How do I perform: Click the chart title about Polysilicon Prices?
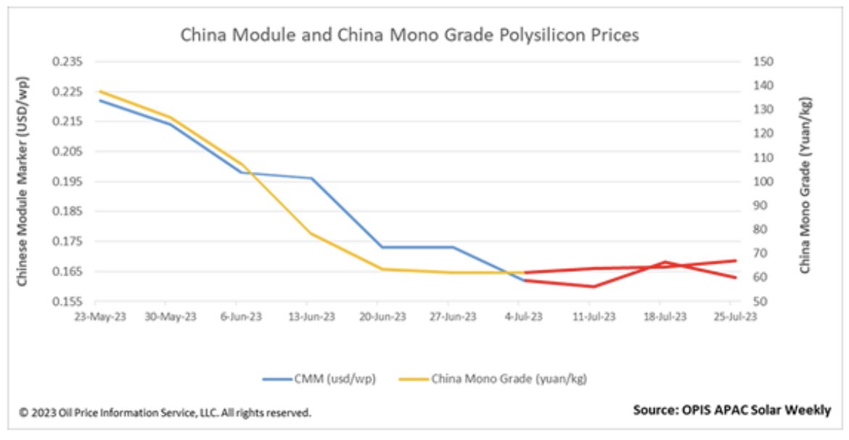(x=409, y=35)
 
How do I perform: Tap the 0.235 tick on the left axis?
(x=67, y=62)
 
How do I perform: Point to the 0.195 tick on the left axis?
(x=67, y=182)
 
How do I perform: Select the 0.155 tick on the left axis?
(x=67, y=302)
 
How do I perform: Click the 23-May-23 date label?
(x=95, y=317)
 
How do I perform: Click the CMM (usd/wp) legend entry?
(x=320, y=378)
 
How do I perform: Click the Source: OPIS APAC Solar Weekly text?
(x=731, y=410)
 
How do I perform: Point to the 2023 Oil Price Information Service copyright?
(x=165, y=412)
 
